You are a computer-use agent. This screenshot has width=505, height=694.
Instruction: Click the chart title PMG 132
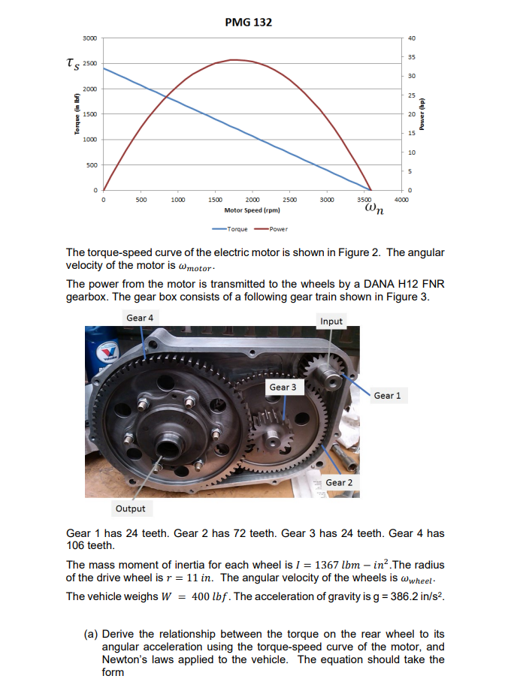249,22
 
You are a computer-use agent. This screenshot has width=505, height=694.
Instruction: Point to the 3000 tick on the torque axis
89,38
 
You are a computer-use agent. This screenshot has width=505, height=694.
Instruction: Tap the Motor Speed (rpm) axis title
252,212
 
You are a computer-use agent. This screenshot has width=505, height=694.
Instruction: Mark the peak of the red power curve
234,59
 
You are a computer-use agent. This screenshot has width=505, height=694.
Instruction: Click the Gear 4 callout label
140,318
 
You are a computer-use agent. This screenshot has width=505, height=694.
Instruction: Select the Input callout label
331,321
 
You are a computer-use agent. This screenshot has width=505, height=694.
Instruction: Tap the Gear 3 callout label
283,387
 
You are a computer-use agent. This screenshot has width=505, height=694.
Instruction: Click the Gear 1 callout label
387,395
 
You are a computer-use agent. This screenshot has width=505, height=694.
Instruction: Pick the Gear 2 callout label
339,482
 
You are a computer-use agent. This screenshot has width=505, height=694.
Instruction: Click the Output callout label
130,508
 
